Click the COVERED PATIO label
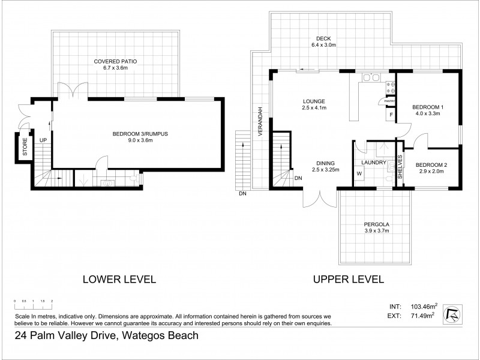pyautogui.click(x=115, y=61)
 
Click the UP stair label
pyautogui.click(x=43, y=140)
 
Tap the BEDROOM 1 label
pyautogui.click(x=427, y=107)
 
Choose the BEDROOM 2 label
pyautogui.click(x=431, y=164)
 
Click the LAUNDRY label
pyautogui.click(x=372, y=163)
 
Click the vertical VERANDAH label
pyautogui.click(x=260, y=123)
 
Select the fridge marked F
pyautogui.click(x=391, y=114)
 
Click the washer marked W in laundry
pyautogui.click(x=359, y=174)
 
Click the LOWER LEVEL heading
pyautogui.click(x=119, y=279)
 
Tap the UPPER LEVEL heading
pyautogui.click(x=347, y=279)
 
